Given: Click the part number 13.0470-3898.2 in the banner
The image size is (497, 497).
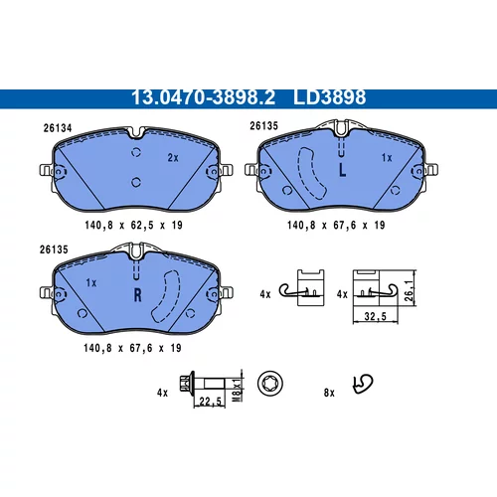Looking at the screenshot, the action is click(203, 97).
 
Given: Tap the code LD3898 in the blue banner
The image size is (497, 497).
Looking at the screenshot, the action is click(329, 97).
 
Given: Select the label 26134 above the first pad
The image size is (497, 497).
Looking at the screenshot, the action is click(58, 128).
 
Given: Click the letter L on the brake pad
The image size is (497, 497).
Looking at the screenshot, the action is click(342, 171).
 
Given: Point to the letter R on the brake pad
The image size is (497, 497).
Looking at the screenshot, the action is click(137, 294).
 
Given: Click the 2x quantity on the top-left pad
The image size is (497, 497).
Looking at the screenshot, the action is click(173, 158).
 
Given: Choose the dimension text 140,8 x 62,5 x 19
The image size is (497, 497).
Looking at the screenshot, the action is click(133, 226).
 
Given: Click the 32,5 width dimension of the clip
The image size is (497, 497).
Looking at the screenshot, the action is click(376, 316).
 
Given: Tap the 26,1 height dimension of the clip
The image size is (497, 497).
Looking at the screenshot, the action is click(410, 290).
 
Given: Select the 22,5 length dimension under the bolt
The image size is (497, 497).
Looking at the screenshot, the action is click(211, 402).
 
